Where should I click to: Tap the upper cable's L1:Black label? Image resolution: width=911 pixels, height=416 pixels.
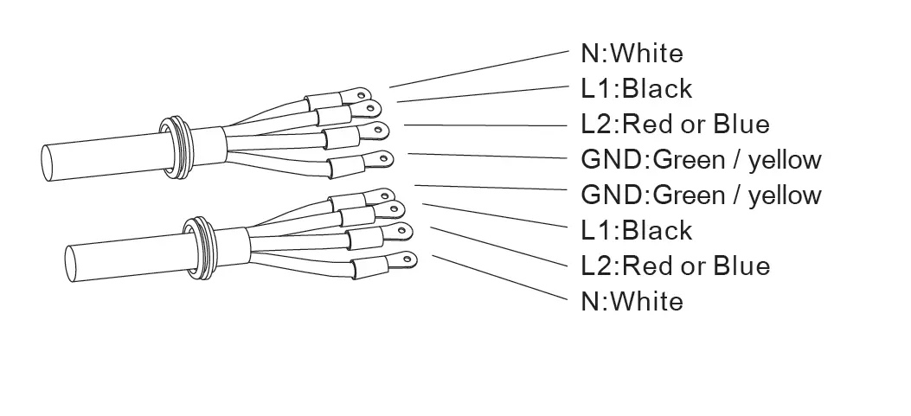636,88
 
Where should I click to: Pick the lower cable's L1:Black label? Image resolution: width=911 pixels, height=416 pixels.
636,230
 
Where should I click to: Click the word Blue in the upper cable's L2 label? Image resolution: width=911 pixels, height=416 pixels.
741,124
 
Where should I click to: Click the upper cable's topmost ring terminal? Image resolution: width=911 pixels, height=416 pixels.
362,91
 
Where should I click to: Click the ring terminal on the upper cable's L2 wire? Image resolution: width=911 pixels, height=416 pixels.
377,131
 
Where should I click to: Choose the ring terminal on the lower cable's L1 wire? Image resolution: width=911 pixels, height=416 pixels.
396,208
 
